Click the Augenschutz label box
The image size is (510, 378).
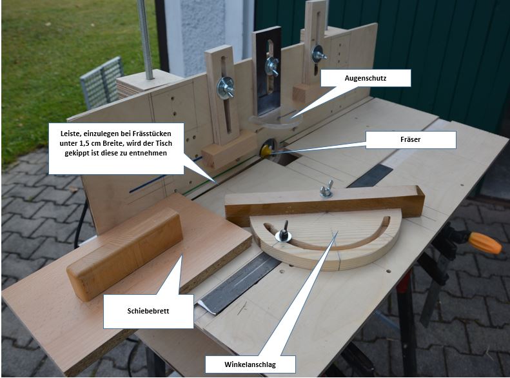click(x=366, y=78)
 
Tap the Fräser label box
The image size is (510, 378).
click(x=411, y=139)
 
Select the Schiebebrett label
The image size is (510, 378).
click(x=148, y=311)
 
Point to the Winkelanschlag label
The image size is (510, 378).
click(x=250, y=364)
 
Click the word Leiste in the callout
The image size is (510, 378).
click(x=70, y=134)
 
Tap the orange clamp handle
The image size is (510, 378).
click(x=485, y=243)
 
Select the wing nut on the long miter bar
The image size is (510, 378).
click(x=326, y=190)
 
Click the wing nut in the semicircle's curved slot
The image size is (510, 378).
click(x=284, y=232)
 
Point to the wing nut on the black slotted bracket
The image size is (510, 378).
click(x=271, y=66)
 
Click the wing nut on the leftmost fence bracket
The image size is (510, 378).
click(x=226, y=88)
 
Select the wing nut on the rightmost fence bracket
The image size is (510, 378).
click(x=319, y=54)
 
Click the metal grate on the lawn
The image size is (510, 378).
click(x=102, y=83)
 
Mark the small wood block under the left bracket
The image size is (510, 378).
click(x=229, y=152)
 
